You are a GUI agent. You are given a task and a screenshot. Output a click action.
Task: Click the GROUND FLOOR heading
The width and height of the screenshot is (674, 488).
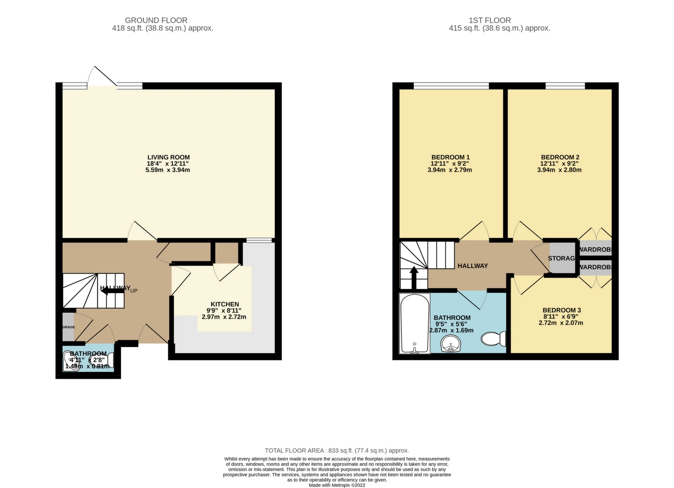point(156,20)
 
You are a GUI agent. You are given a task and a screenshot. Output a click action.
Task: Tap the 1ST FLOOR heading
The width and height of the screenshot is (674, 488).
point(489,20)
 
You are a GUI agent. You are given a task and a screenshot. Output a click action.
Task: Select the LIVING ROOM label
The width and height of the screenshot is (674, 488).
point(168,158)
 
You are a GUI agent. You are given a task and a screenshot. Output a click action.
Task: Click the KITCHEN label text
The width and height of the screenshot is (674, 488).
point(225,304)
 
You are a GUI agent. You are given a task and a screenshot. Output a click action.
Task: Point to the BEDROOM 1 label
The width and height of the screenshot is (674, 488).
point(450,158)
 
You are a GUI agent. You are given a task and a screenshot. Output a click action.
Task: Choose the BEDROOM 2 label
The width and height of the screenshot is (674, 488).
point(560,158)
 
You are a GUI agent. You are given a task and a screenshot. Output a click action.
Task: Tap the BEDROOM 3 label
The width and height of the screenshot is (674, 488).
point(561,310)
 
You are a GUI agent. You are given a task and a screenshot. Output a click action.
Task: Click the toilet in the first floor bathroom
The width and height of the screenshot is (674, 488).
point(493,339)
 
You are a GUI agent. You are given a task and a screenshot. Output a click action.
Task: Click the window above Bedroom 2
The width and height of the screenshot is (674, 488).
point(565,86)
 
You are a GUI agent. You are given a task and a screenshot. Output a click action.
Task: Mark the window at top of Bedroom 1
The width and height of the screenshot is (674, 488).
point(451,86)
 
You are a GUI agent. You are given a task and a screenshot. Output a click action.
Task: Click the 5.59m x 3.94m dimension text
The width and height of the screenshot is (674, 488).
point(168,170)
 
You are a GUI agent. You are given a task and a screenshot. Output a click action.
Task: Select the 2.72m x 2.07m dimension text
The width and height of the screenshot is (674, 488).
point(561,323)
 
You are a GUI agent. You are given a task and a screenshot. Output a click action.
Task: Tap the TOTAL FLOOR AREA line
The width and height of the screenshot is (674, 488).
point(337,450)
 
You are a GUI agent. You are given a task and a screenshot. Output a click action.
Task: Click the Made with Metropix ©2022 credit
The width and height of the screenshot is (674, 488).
point(337,485)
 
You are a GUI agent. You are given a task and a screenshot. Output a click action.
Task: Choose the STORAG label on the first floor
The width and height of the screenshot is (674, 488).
point(562,258)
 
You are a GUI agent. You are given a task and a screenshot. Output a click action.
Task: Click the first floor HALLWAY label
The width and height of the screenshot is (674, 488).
point(473,266)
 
